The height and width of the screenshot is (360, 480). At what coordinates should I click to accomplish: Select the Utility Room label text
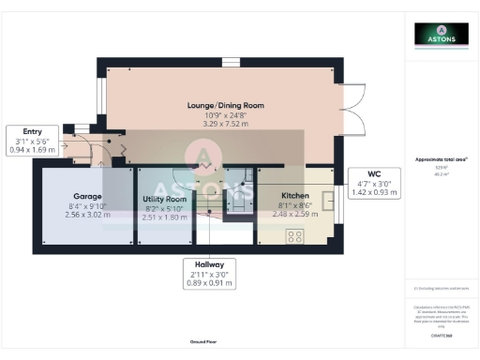pos(164,200)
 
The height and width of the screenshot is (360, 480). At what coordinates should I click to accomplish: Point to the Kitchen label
pos(295,195)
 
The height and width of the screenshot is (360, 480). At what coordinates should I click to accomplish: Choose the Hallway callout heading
pos(209,265)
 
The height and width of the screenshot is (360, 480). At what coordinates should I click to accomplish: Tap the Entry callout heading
pos(34,131)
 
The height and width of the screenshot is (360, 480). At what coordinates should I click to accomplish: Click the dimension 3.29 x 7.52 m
pos(222,122)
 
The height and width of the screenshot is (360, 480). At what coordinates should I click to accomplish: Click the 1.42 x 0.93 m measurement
pos(373,191)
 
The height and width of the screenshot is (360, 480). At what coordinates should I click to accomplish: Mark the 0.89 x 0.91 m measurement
pos(209,282)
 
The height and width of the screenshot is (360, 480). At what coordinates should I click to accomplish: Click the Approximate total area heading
pos(442,159)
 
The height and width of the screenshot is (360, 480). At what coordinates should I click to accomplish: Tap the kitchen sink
pos(328,201)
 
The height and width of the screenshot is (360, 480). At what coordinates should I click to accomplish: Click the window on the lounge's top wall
pos(231,62)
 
